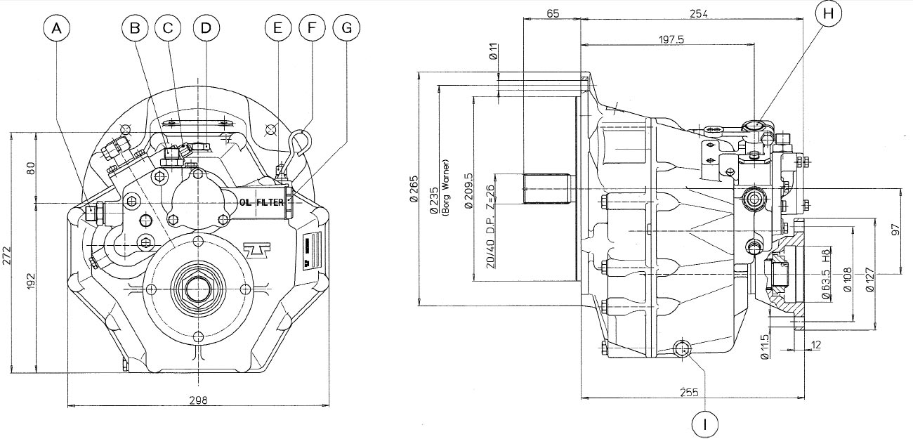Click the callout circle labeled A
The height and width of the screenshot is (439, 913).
click(58, 29)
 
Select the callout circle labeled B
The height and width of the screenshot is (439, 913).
click(136, 29)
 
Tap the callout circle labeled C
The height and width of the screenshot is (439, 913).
click(167, 29)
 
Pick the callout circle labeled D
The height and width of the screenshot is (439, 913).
click(205, 29)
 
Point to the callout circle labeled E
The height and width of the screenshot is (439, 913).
click(278, 29)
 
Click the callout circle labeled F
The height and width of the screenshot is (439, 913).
click(311, 29)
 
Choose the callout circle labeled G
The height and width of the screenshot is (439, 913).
click(346, 29)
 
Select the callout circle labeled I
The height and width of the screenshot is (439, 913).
click(705, 424)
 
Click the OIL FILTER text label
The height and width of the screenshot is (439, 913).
click(261, 202)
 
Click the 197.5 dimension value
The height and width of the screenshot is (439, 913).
click(671, 40)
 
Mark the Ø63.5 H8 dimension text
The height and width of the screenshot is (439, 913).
click(827, 273)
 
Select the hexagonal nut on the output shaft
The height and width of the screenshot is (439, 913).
click(197, 289)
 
